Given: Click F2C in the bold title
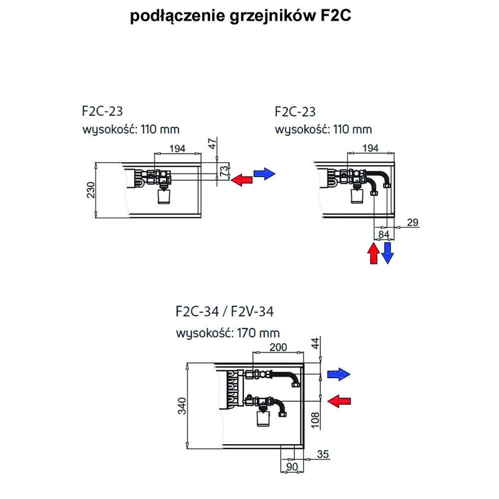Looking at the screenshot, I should [336, 16].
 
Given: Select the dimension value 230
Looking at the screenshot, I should [91, 189].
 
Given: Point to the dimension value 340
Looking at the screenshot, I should [181, 406].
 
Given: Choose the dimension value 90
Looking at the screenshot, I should [289, 465].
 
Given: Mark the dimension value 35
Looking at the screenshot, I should [322, 454].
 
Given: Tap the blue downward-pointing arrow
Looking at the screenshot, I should [388, 252].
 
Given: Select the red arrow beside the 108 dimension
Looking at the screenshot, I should [339, 400].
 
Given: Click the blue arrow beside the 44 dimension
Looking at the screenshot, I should [339, 374].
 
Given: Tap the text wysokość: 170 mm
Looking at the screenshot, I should [228, 332].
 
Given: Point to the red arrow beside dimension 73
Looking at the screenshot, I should [242, 180].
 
